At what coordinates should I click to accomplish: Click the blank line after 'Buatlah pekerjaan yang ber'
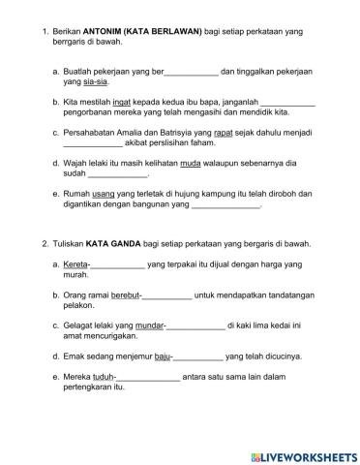click(x=193, y=72)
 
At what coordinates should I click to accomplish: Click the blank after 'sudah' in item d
click(x=117, y=175)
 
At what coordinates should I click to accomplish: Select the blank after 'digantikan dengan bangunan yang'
click(x=225, y=206)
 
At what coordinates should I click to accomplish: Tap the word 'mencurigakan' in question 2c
click(x=113, y=338)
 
